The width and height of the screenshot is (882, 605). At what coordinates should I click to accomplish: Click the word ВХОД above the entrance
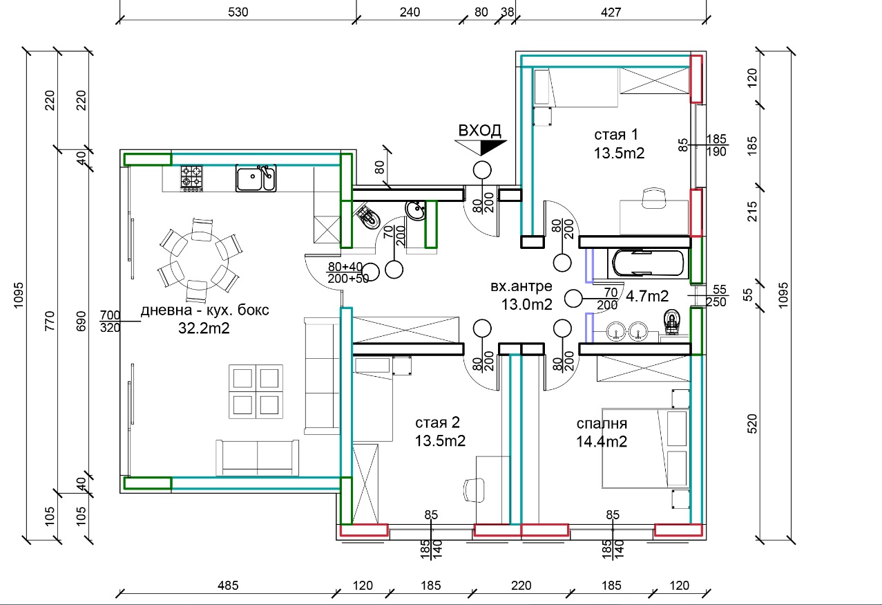coord(479,131)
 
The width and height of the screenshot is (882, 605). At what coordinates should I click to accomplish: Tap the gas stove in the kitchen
coord(192,177)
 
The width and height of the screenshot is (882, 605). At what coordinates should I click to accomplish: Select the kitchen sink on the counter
coord(256,178)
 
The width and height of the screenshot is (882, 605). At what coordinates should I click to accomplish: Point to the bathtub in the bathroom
coord(648,263)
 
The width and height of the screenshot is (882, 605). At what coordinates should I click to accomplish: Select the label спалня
coord(602,423)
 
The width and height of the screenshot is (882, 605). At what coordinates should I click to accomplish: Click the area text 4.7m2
coord(647,297)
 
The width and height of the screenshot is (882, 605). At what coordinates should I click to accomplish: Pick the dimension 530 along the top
coord(238,12)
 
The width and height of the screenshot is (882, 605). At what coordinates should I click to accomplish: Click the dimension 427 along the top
coord(611,12)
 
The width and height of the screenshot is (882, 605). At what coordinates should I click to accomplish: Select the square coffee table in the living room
coord(256,391)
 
